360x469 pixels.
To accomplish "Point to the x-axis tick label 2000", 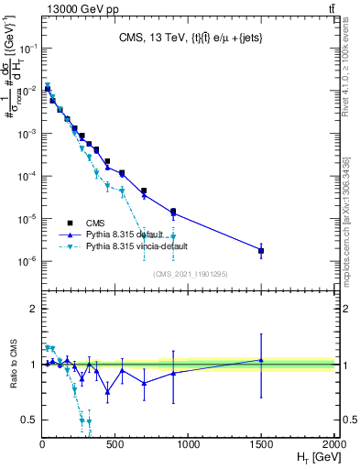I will pos(333,443).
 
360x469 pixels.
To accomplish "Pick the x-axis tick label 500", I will pos(115,443).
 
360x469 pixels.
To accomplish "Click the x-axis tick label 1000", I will pos(188,443).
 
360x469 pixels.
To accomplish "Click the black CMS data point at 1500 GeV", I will pos(261,250).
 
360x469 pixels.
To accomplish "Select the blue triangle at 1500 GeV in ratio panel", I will pos(261,360).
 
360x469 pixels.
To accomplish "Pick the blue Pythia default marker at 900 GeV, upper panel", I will pos(173,214).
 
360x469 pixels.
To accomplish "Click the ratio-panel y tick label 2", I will pos(33,309).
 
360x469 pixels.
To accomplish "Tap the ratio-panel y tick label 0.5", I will pos(30,420).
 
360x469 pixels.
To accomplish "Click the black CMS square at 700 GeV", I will pos(144,191).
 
